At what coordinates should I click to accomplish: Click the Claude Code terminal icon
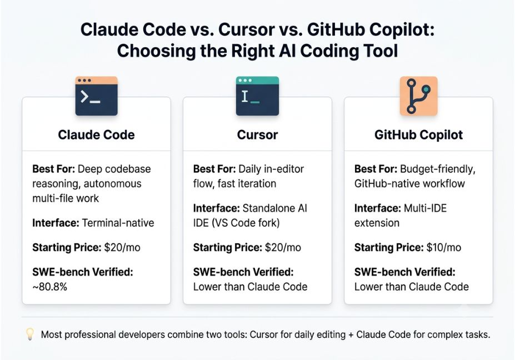96,96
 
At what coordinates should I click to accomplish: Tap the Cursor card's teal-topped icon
257,96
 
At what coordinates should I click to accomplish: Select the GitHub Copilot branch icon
418,96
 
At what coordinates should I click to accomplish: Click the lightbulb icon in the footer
30,334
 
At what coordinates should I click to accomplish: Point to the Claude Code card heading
96,134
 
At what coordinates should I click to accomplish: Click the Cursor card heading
257,134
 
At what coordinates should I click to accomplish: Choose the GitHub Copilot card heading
418,134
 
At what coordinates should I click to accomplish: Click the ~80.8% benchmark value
49,287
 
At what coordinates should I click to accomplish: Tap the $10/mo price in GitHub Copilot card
444,247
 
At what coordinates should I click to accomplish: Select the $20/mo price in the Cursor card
283,247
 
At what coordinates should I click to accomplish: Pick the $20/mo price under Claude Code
122,247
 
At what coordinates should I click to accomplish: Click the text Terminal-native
118,223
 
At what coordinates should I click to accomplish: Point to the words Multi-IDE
425,208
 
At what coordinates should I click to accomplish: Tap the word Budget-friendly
438,169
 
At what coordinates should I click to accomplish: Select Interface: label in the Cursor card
217,208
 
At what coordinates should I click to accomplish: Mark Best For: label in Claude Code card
53,169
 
